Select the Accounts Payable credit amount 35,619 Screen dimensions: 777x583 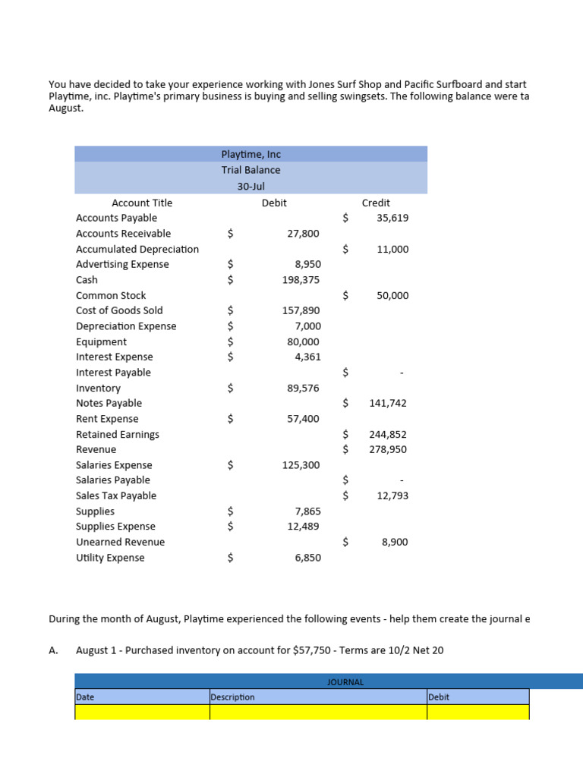(392, 219)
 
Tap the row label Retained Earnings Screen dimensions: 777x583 (118, 435)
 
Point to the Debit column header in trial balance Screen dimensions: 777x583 (274, 203)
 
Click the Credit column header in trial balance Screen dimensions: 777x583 (376, 203)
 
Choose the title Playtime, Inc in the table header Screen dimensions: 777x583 (251, 154)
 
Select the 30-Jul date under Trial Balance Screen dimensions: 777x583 (251, 186)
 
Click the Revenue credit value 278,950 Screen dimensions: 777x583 (389, 450)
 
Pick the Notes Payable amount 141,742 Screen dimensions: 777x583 (388, 404)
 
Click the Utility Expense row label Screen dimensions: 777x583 (110, 558)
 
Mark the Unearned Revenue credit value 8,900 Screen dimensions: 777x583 (395, 543)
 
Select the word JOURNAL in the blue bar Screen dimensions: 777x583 (345, 682)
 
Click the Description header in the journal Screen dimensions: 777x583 (233, 697)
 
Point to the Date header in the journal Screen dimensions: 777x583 (85, 697)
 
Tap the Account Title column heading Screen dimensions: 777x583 (142, 203)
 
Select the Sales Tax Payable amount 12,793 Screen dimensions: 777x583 (392, 496)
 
